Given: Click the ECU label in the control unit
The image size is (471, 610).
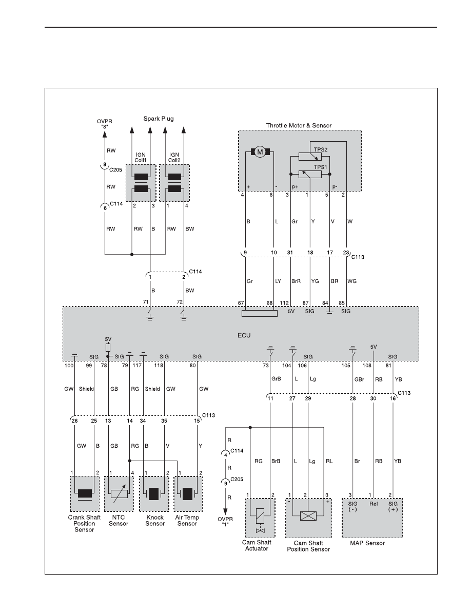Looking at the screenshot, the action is [244, 335].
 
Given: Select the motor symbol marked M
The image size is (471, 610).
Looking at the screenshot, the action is [260, 152].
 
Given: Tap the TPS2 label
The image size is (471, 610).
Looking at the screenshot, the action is [321, 149].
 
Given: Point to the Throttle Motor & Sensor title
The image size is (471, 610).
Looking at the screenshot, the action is [299, 126].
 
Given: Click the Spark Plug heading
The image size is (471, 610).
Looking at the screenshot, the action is [159, 119].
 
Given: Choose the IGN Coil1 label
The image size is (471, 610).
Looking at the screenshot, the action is [140, 158].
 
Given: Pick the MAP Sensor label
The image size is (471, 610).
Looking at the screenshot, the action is [367, 543].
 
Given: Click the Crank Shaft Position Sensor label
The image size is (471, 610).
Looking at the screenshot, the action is [84, 523].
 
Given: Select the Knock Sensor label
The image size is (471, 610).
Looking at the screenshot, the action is [155, 521].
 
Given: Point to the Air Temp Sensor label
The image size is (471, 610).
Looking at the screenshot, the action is [187, 521].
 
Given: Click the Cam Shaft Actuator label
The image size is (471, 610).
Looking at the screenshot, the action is [257, 545].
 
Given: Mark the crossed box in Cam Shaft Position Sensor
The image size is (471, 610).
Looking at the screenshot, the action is [308, 516].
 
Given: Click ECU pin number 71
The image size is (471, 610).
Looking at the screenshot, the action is [146, 302].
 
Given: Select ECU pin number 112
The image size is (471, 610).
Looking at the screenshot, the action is [284, 303].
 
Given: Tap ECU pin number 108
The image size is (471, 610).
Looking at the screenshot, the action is [367, 365].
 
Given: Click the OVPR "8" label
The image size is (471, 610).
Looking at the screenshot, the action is [104, 124].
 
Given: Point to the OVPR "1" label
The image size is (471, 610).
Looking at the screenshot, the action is [225, 522].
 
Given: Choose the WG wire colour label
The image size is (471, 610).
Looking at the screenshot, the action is [351, 281].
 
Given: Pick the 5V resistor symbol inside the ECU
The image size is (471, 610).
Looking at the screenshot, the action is [108, 348].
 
